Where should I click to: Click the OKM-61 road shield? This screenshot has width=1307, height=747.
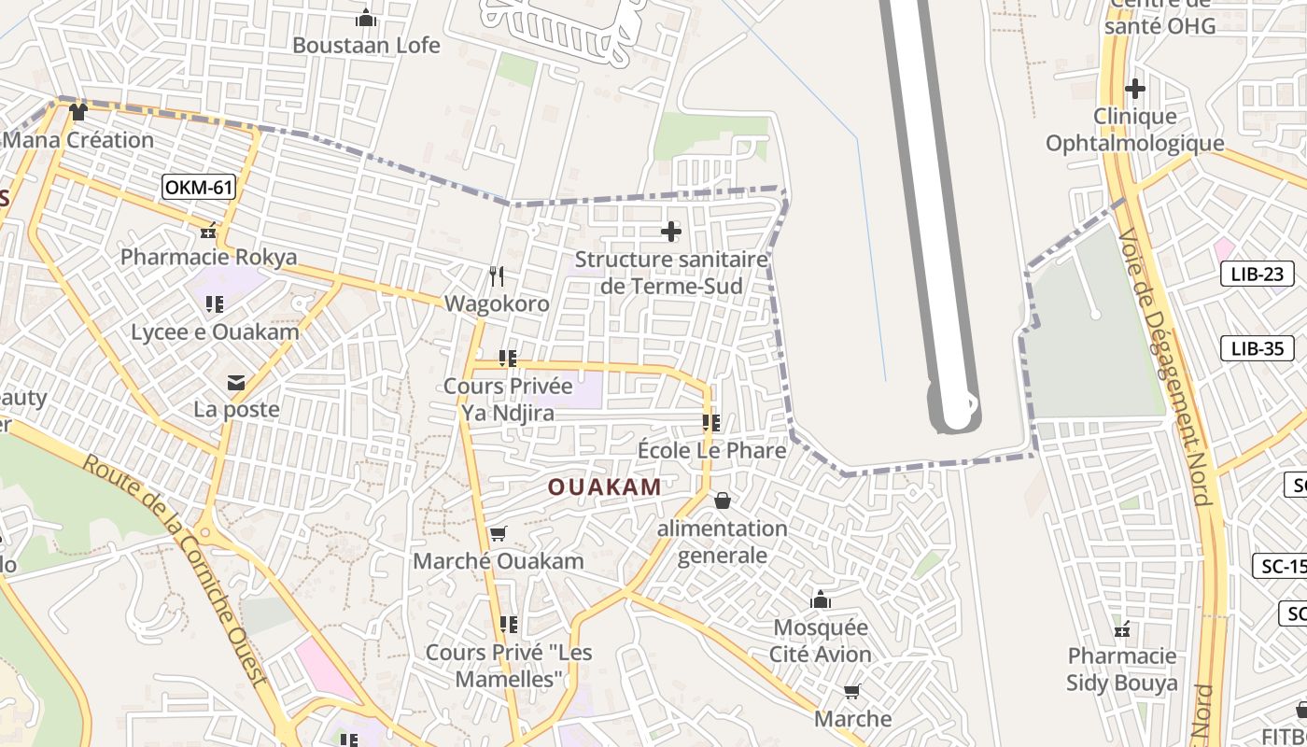click(198, 188)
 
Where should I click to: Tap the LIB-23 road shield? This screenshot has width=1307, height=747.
click(1258, 275)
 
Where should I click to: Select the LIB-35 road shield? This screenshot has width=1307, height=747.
click(1258, 349)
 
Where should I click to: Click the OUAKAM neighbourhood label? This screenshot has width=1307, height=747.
click(604, 486)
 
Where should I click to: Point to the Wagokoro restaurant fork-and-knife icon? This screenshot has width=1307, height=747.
click(497, 276)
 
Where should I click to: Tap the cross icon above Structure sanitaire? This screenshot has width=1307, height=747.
click(670, 231)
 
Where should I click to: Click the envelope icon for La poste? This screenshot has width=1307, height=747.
click(235, 382)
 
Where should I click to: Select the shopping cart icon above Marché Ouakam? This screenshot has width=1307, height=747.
click(498, 534)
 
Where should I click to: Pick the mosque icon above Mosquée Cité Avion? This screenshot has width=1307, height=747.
click(821, 599)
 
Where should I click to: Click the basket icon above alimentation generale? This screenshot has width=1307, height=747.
click(722, 501)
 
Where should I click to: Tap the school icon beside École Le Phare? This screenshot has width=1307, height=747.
click(711, 423)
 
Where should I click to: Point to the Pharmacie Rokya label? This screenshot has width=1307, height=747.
click(209, 257)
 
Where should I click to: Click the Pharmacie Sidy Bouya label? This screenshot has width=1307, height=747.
click(1122, 669)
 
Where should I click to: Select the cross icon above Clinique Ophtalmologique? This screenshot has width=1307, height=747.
click(1134, 89)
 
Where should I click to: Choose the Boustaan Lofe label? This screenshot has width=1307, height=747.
click(366, 45)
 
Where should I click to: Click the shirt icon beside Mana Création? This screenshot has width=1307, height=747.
click(77, 112)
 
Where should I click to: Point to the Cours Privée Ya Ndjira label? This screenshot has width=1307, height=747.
click(508, 399)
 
